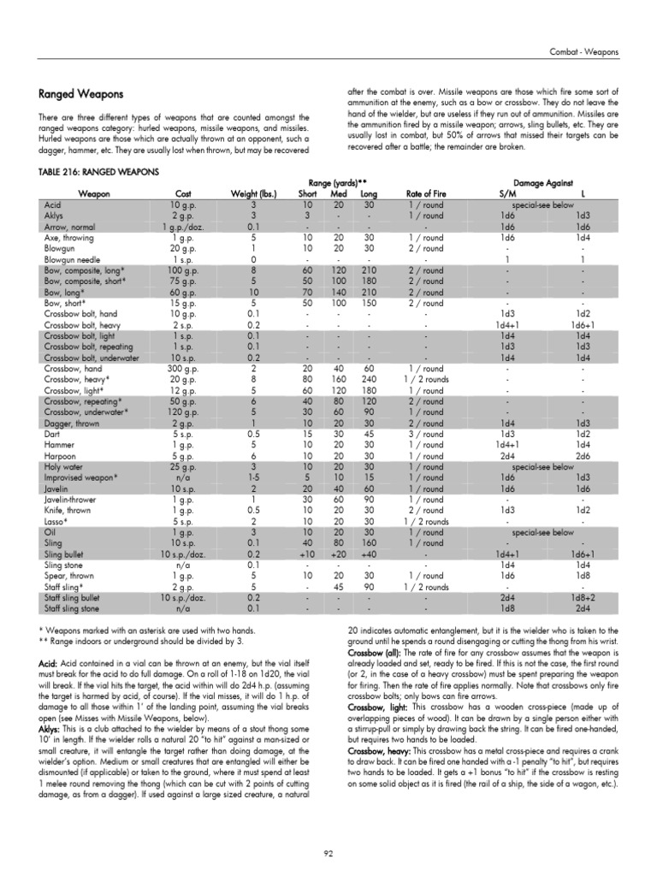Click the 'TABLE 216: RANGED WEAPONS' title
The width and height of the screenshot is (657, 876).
(98, 172)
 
